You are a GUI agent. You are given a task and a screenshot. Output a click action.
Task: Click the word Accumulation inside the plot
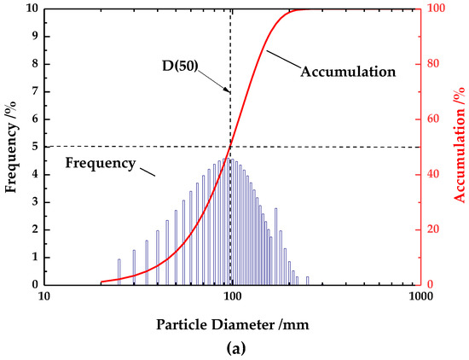[x=349, y=72]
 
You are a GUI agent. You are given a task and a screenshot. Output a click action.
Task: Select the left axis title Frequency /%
[x=12, y=146]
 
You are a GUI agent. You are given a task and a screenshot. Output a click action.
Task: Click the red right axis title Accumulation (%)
[x=459, y=146]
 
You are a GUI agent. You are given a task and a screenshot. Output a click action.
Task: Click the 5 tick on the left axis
[x=33, y=147]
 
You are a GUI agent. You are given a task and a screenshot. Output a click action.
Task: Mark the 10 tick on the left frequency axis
[x=31, y=9]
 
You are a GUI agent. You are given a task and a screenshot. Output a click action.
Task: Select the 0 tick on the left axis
[x=33, y=284]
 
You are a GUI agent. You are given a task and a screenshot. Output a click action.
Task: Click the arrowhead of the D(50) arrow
[x=228, y=90]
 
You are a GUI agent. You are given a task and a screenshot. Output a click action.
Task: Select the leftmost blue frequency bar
[x=119, y=271]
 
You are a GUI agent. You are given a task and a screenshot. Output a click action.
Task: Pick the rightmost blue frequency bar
[x=307, y=280]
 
